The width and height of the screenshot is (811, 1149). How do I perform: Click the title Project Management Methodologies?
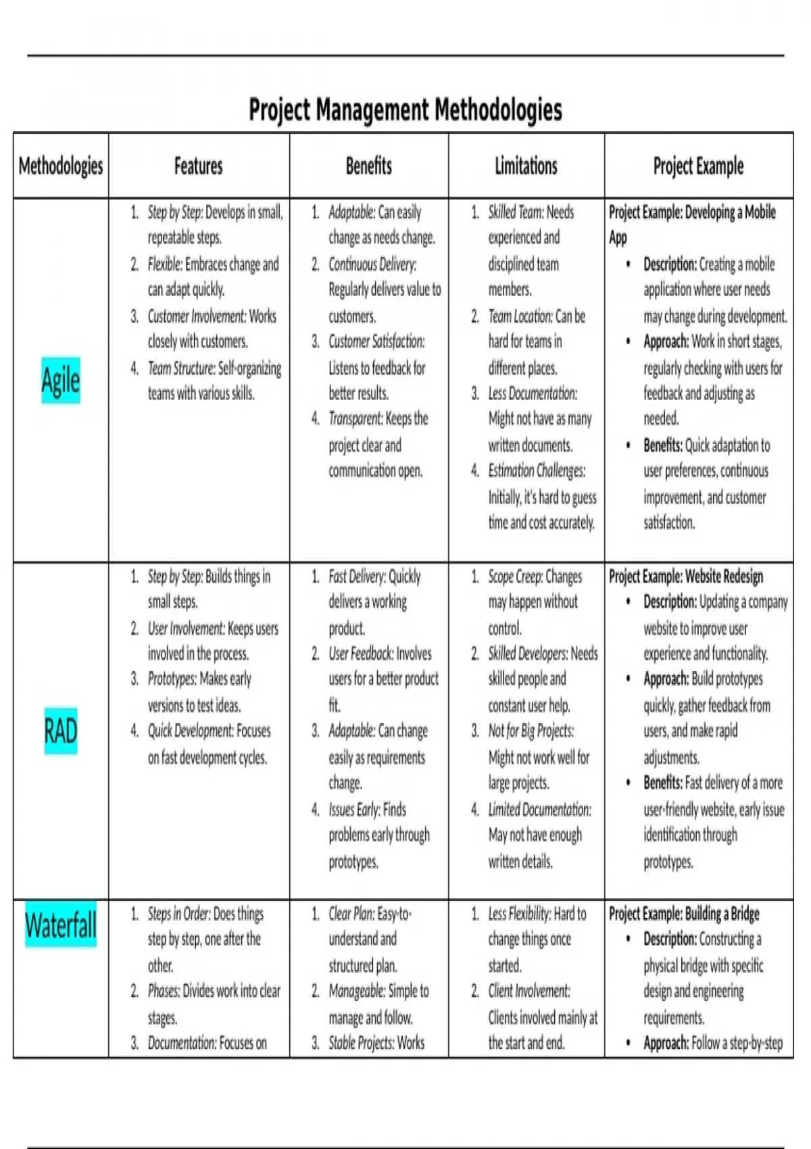tap(405, 109)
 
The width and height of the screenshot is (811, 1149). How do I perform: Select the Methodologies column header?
tap(61, 166)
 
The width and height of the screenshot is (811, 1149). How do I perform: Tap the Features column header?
tap(198, 166)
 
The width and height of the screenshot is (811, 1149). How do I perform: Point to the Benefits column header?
tap(368, 166)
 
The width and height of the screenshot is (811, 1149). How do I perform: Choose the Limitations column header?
tap(526, 166)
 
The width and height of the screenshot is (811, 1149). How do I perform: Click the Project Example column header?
tap(698, 166)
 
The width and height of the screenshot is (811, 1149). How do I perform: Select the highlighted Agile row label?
tap(61, 380)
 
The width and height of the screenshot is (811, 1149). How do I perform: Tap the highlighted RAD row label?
tap(61, 731)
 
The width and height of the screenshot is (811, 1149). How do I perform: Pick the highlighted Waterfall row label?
tap(61, 925)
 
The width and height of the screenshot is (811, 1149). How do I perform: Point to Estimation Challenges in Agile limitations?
tap(537, 470)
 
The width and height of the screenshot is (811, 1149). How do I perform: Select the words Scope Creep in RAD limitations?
tap(515, 577)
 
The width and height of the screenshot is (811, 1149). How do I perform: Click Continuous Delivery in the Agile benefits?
tap(372, 264)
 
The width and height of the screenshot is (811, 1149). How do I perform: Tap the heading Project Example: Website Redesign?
tap(686, 577)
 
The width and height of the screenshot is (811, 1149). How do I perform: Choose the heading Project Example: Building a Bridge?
tap(684, 914)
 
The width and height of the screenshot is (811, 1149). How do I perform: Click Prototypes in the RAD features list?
tap(172, 679)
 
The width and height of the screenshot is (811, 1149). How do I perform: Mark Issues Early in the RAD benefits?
tap(354, 809)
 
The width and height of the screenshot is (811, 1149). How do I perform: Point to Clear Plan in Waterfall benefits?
tap(351, 914)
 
